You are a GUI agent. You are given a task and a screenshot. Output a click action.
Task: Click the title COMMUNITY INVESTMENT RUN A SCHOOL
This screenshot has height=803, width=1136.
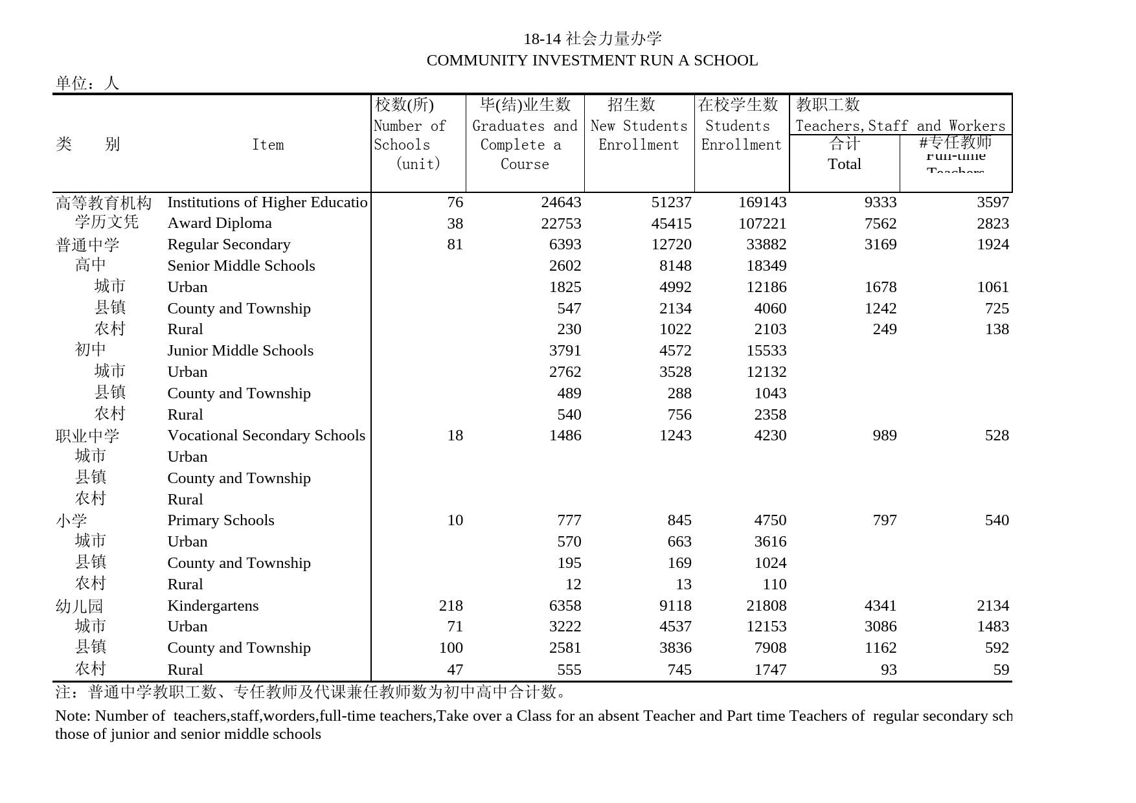pyautogui.click(x=592, y=60)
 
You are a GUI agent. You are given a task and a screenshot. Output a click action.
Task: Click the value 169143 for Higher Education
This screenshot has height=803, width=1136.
pyautogui.click(x=762, y=202)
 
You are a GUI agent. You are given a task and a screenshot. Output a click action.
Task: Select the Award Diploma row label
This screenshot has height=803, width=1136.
pyautogui.click(x=220, y=223)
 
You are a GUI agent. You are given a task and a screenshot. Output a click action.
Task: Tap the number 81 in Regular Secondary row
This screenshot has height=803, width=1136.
pyautogui.click(x=455, y=245)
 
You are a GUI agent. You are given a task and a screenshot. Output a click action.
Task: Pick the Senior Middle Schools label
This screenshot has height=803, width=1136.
pyautogui.click(x=241, y=266)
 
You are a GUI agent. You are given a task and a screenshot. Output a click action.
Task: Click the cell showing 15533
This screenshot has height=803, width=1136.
pyautogui.click(x=766, y=351)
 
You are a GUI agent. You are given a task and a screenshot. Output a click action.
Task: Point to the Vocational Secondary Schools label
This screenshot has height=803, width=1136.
pyautogui.click(x=266, y=436)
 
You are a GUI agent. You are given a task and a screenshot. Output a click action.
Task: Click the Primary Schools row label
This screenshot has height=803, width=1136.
pyautogui.click(x=221, y=521)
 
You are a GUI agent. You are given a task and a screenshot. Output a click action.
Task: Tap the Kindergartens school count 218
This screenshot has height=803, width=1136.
pyautogui.click(x=451, y=605)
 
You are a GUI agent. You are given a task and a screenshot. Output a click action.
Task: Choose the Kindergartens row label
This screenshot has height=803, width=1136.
pyautogui.click(x=212, y=605)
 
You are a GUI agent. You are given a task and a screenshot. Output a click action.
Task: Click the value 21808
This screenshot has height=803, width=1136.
pyautogui.click(x=766, y=605)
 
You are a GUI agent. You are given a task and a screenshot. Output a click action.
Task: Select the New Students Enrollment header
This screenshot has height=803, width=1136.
pyautogui.click(x=639, y=135)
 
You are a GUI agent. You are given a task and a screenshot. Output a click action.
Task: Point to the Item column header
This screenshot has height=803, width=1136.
pyautogui.click(x=267, y=144)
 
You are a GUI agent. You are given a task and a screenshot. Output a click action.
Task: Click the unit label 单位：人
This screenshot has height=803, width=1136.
pyautogui.click(x=87, y=83)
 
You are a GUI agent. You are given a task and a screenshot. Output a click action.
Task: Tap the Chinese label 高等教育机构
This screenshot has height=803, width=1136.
pyautogui.click(x=104, y=203)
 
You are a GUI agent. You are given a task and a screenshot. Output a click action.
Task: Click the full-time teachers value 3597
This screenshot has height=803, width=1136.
pyautogui.click(x=993, y=202)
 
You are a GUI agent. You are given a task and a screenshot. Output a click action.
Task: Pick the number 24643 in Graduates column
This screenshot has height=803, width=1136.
pyautogui.click(x=561, y=202)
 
